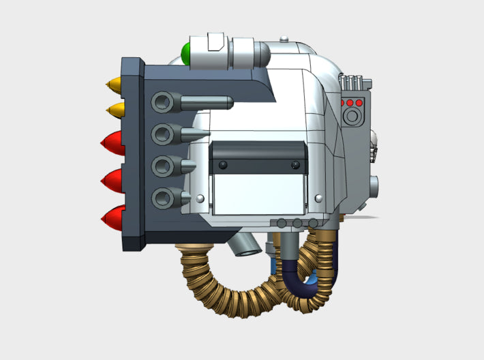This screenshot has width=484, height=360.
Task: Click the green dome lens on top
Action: click(x=185, y=52)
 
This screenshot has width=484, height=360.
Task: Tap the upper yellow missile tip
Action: click(x=114, y=86)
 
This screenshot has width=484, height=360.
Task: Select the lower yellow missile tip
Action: click(x=114, y=110)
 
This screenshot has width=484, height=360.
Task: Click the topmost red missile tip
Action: click(x=112, y=143)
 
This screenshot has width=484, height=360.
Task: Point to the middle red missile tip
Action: click(x=112, y=181)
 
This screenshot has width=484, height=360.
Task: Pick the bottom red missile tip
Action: click(x=112, y=218)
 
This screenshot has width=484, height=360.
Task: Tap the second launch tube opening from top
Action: click(x=162, y=134)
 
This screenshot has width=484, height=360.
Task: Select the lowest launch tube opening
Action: click(x=162, y=198)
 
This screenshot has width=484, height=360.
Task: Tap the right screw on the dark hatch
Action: click(x=295, y=164)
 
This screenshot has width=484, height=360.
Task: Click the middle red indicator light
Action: click(x=351, y=103)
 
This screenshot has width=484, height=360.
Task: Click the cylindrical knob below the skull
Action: click(x=375, y=183)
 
